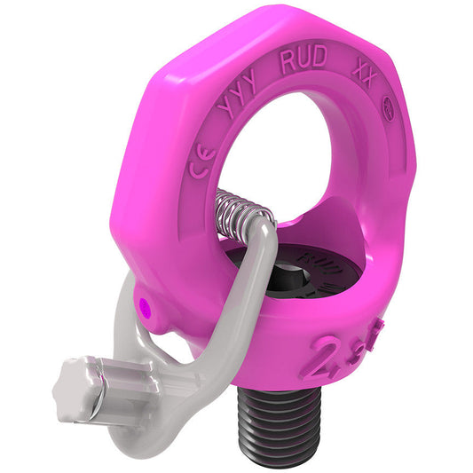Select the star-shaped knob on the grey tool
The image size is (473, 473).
click(x=80, y=382)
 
